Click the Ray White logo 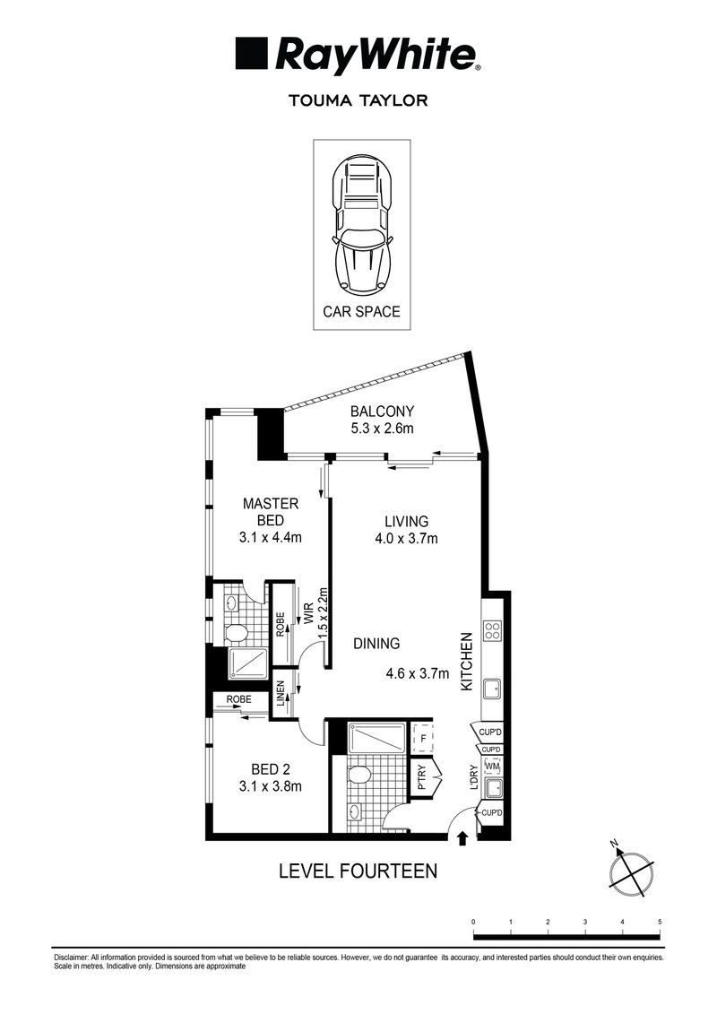(358, 56)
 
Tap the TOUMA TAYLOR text (358, 100)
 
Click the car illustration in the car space (362, 226)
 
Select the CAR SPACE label (361, 312)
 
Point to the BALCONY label (382, 412)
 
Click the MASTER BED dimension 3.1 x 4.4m (271, 537)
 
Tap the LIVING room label (407, 521)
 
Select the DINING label (376, 644)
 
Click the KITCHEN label (468, 662)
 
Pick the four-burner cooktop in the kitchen (492, 630)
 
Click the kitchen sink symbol (492, 689)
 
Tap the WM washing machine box (493, 767)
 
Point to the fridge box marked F (423, 738)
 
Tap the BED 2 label (271, 769)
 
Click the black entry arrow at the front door (462, 839)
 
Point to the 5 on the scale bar (660, 922)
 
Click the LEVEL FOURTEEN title (358, 871)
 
